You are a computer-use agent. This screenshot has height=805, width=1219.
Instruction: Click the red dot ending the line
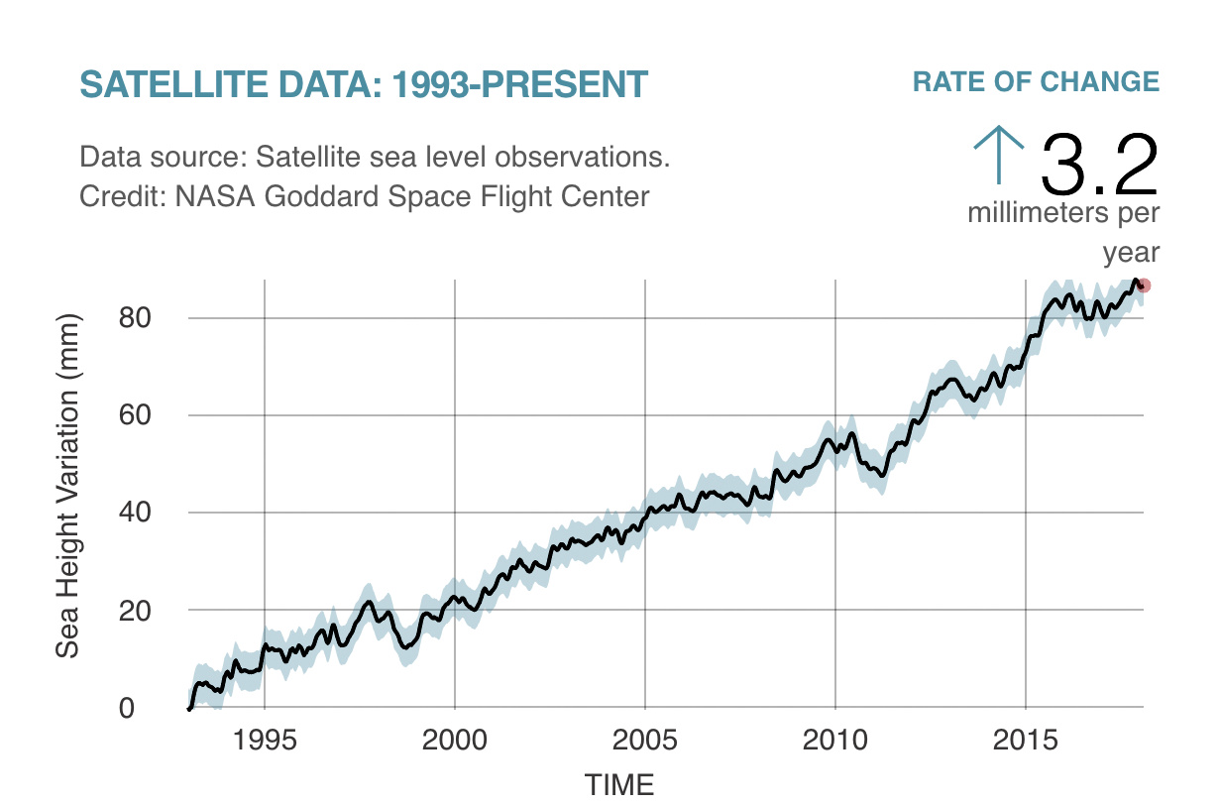click(1144, 286)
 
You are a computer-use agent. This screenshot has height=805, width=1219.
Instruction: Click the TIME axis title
click(619, 785)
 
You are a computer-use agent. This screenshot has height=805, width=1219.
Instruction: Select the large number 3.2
click(1099, 165)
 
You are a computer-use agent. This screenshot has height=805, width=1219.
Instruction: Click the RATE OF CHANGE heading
click(1036, 82)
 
